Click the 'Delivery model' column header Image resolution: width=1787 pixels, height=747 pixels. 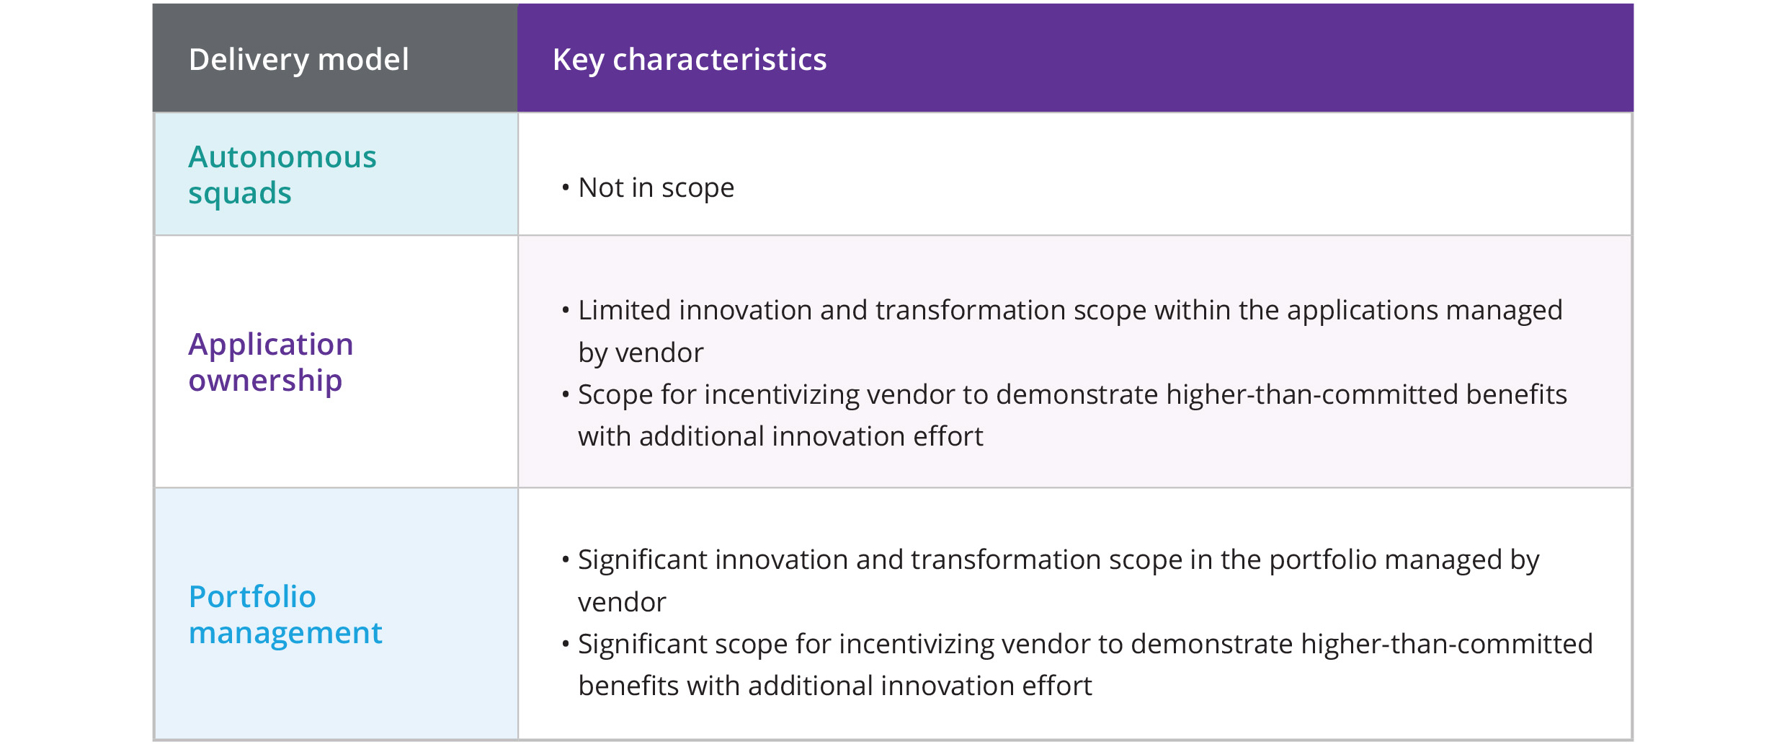click(298, 59)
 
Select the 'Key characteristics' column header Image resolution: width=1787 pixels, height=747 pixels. click(689, 59)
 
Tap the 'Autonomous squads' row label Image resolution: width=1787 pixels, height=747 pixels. click(282, 174)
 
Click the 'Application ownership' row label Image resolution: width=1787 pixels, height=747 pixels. click(270, 362)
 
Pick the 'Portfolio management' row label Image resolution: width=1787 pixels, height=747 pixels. click(285, 614)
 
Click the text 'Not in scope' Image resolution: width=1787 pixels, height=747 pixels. click(656, 187)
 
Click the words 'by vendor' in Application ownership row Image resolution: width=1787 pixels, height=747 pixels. click(640, 353)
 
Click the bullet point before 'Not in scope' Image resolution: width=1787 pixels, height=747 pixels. click(566, 188)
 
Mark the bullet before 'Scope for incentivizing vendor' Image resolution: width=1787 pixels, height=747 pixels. click(566, 394)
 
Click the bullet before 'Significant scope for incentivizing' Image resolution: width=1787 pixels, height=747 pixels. click(566, 644)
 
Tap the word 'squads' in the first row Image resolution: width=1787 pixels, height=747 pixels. click(240, 193)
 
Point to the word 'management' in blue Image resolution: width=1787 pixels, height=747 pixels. click(285, 633)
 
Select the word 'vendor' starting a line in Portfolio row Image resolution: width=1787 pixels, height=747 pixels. click(622, 602)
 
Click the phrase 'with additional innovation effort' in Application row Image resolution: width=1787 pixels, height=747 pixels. click(780, 436)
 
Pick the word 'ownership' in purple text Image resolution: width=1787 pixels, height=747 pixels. click(265, 381)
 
